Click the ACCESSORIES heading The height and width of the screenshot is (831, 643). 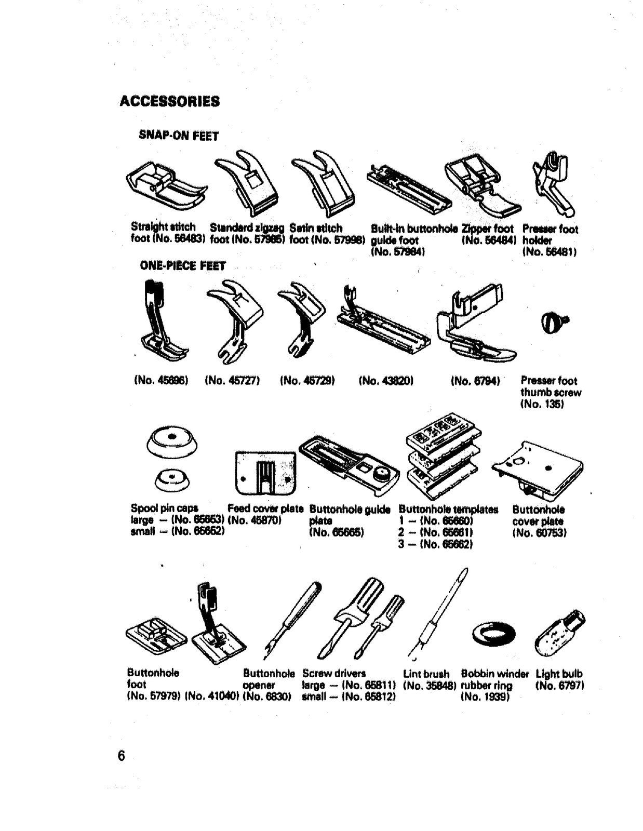(169, 101)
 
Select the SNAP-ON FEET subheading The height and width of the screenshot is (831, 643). (179, 136)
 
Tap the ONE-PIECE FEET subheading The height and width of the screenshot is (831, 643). (182, 266)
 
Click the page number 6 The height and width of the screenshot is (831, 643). (122, 755)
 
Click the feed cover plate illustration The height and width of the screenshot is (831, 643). (265, 473)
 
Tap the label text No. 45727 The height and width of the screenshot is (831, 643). (232, 381)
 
